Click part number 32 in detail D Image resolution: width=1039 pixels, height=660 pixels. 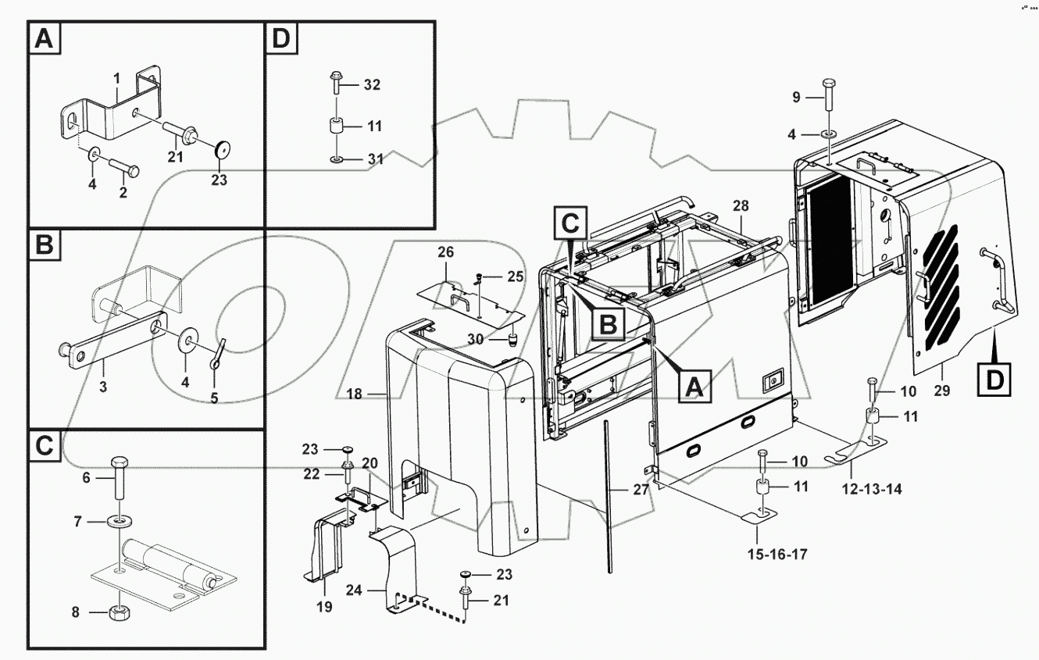pyautogui.click(x=372, y=85)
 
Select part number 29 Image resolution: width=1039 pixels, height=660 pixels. pyautogui.click(x=941, y=391)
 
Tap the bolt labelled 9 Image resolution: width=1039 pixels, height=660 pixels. pyautogui.click(x=829, y=97)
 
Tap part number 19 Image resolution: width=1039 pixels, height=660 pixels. pyautogui.click(x=324, y=606)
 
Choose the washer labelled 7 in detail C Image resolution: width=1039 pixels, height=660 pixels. pyautogui.click(x=119, y=522)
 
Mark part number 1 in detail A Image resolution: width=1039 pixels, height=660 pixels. pyautogui.click(x=116, y=78)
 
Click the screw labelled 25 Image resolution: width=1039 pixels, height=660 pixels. pyautogui.click(x=482, y=276)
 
